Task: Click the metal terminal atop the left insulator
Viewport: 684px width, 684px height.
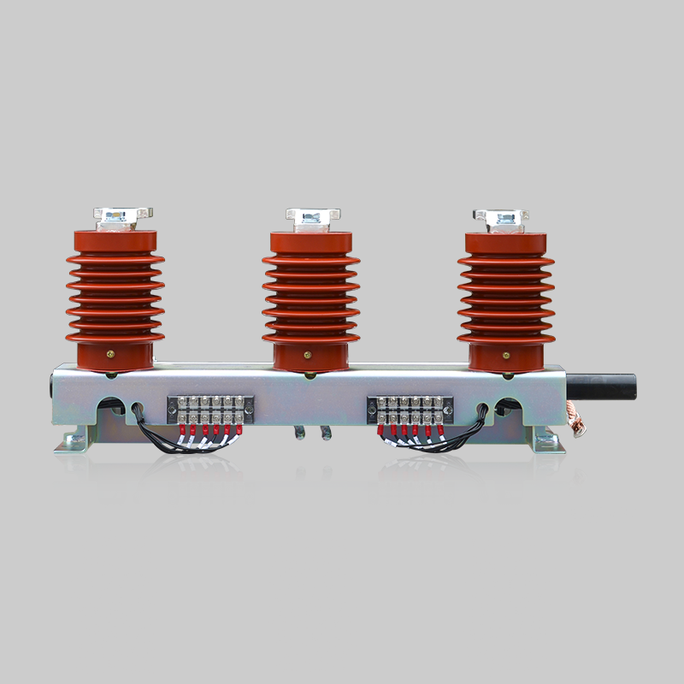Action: tap(115, 217)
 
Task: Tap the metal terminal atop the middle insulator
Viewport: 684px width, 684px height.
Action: tap(312, 217)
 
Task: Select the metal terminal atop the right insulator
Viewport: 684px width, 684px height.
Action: tap(502, 217)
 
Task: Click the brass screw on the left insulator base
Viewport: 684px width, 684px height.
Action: tap(109, 350)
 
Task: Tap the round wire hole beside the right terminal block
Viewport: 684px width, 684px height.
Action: tap(484, 407)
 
